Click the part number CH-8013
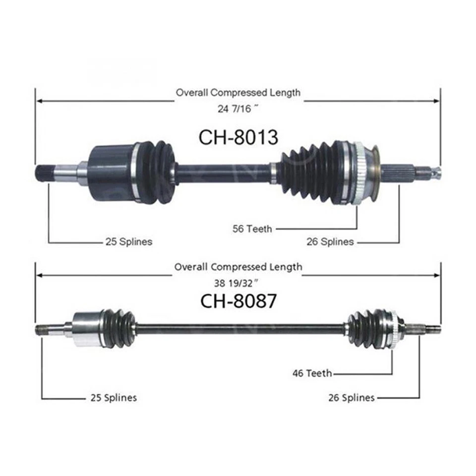pyautogui.click(x=238, y=137)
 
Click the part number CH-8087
pyautogui.click(x=238, y=300)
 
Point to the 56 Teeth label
pyautogui.click(x=252, y=229)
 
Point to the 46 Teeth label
pyautogui.click(x=312, y=373)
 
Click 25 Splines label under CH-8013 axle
pyautogui.click(x=128, y=242)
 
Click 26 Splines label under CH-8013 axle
pyautogui.click(x=330, y=242)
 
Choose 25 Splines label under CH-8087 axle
pyautogui.click(x=114, y=398)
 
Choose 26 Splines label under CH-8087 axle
pyautogui.click(x=352, y=398)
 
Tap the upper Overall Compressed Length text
pyautogui.click(x=238, y=92)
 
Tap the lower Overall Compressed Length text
pyautogui.click(x=238, y=267)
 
